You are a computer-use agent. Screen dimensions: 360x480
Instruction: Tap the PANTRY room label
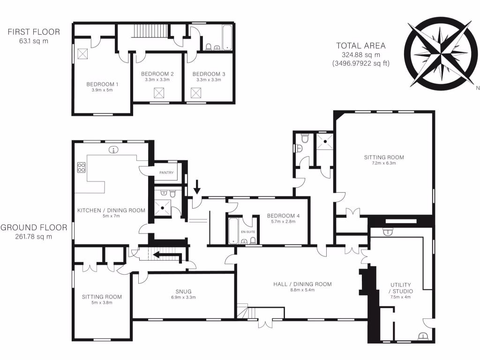coord(166,173)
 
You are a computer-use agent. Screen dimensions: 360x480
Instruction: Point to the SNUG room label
coord(183,291)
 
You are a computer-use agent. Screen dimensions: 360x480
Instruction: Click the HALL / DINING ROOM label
coord(302,284)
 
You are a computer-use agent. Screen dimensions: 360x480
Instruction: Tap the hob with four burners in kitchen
coord(81,167)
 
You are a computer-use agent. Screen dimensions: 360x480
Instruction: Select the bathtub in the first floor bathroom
coord(227,38)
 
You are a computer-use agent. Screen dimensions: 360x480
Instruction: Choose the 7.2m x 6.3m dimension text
coord(383,164)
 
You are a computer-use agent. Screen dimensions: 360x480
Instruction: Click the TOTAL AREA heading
coord(360,45)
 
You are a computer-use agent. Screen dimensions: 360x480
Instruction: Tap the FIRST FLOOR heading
coord(34,32)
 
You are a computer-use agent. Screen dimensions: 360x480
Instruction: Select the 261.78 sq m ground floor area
coord(33,236)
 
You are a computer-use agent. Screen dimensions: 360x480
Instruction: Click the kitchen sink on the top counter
coord(113,150)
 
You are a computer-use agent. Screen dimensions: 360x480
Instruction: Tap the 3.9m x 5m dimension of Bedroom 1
coord(102,90)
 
